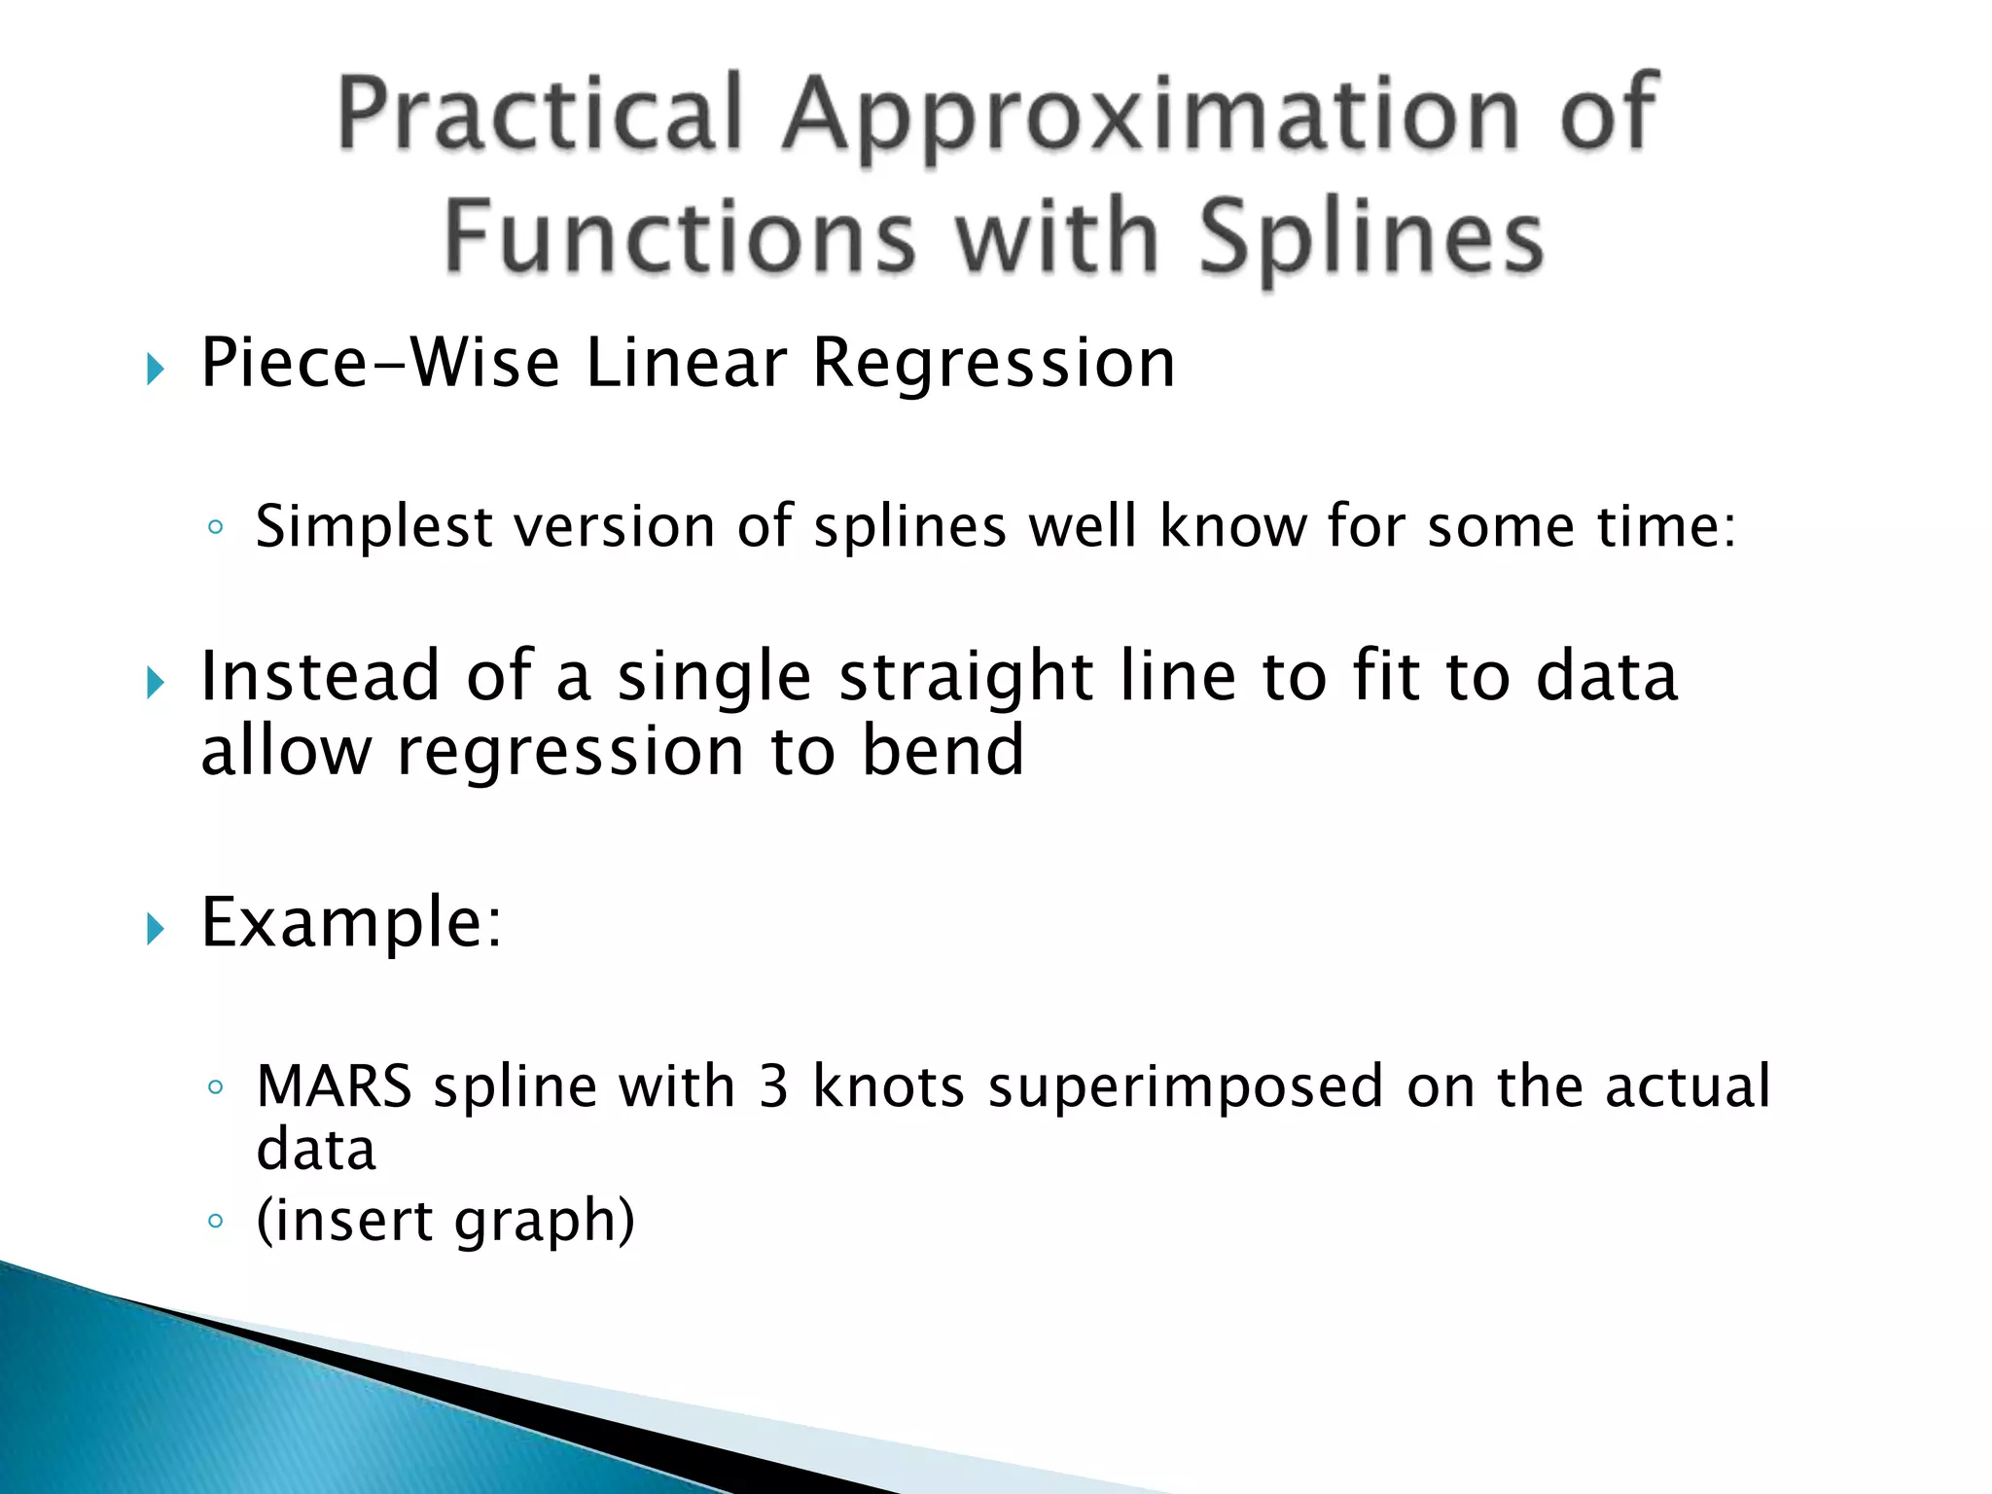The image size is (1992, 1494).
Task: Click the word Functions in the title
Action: [680, 235]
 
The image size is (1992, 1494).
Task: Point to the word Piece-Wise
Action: [380, 363]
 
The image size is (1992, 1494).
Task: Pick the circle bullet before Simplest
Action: [216, 528]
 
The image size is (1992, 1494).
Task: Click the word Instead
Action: [320, 675]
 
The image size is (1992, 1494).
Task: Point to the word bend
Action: [943, 751]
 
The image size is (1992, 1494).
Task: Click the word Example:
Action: [351, 922]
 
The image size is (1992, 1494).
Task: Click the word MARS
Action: [334, 1086]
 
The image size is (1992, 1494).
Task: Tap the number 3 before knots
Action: [773, 1086]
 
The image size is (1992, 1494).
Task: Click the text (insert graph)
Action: [445, 1220]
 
